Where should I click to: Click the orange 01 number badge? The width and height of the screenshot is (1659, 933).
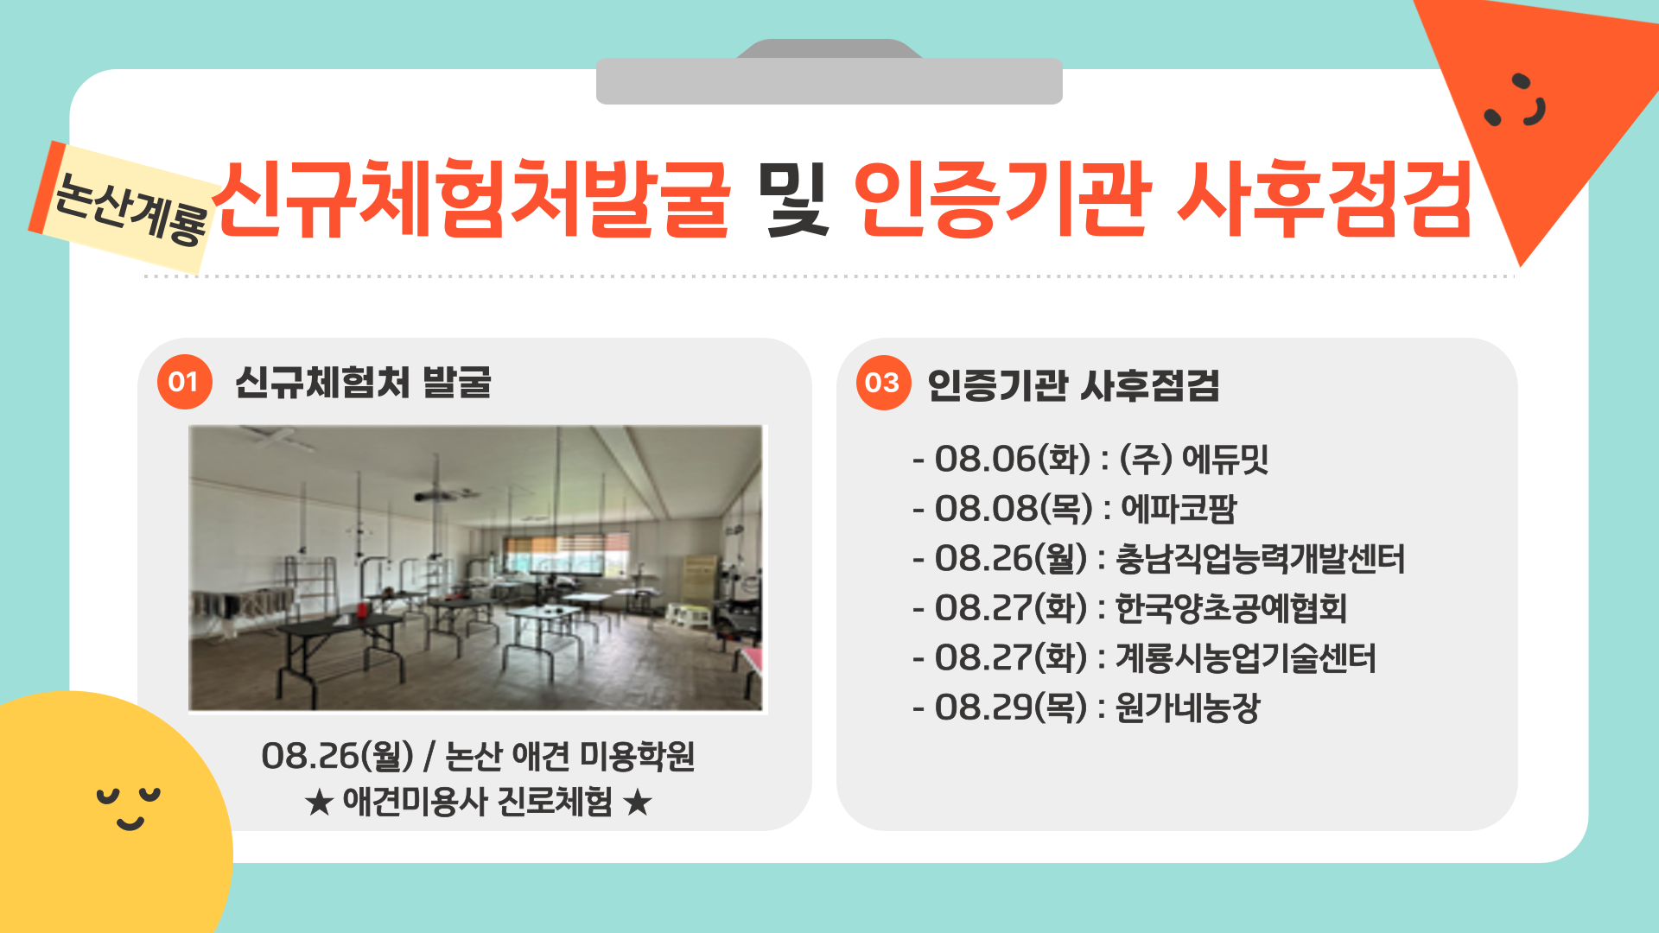184,382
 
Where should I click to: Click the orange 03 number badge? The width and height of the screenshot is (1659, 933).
882,383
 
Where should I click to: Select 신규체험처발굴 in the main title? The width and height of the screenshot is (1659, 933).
471,200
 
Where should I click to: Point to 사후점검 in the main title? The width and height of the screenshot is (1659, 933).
1324,200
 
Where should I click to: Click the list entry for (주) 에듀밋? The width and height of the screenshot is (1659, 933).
1193,459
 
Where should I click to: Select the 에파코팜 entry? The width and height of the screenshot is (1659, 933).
1179,509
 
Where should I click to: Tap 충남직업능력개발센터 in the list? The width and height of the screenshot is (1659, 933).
1260,559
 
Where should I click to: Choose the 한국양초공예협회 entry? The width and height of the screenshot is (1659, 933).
1230,608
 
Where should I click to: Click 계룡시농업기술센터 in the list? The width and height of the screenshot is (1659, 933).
1245,658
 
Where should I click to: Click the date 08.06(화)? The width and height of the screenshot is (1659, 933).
1012,459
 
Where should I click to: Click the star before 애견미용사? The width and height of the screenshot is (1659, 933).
319,803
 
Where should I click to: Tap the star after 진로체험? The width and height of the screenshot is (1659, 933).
638,803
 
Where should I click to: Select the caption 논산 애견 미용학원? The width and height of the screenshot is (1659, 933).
569,757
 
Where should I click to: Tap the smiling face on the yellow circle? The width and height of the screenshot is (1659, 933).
129,807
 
